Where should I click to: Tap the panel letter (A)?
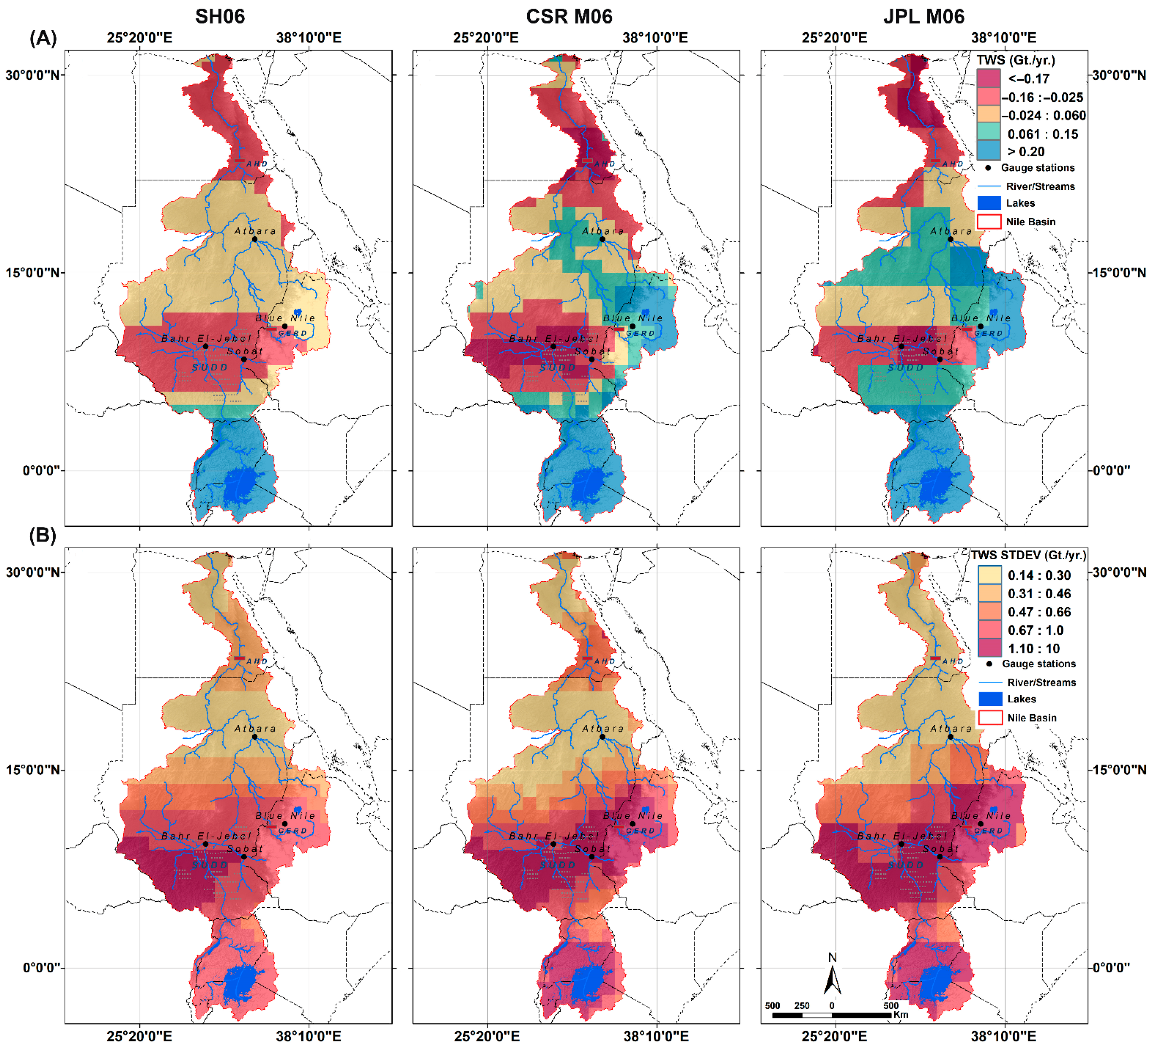(x=43, y=38)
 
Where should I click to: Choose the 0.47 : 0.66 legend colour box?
(x=990, y=612)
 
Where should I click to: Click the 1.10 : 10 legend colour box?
(x=990, y=648)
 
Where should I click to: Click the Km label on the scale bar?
(x=900, y=1015)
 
